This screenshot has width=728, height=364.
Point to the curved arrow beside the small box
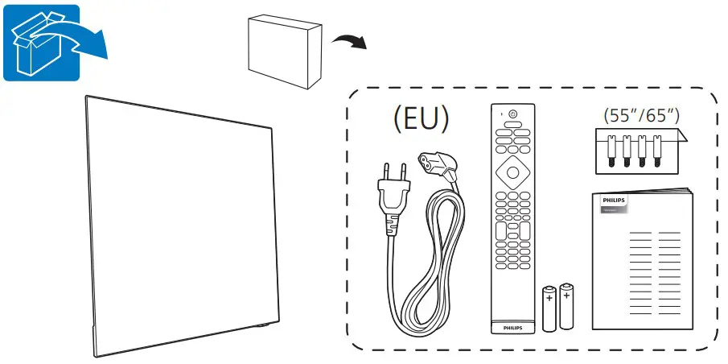351,39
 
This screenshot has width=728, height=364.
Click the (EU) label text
420,119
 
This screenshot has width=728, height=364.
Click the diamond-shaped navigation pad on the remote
512,172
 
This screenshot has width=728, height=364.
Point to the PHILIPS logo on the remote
512,329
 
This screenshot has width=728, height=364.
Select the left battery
550,308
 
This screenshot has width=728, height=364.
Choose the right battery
569,306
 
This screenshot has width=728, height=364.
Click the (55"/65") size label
642,115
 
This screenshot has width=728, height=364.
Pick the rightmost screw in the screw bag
658,151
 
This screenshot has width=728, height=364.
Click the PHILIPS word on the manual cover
614,199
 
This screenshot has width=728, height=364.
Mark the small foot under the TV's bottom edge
262,325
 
